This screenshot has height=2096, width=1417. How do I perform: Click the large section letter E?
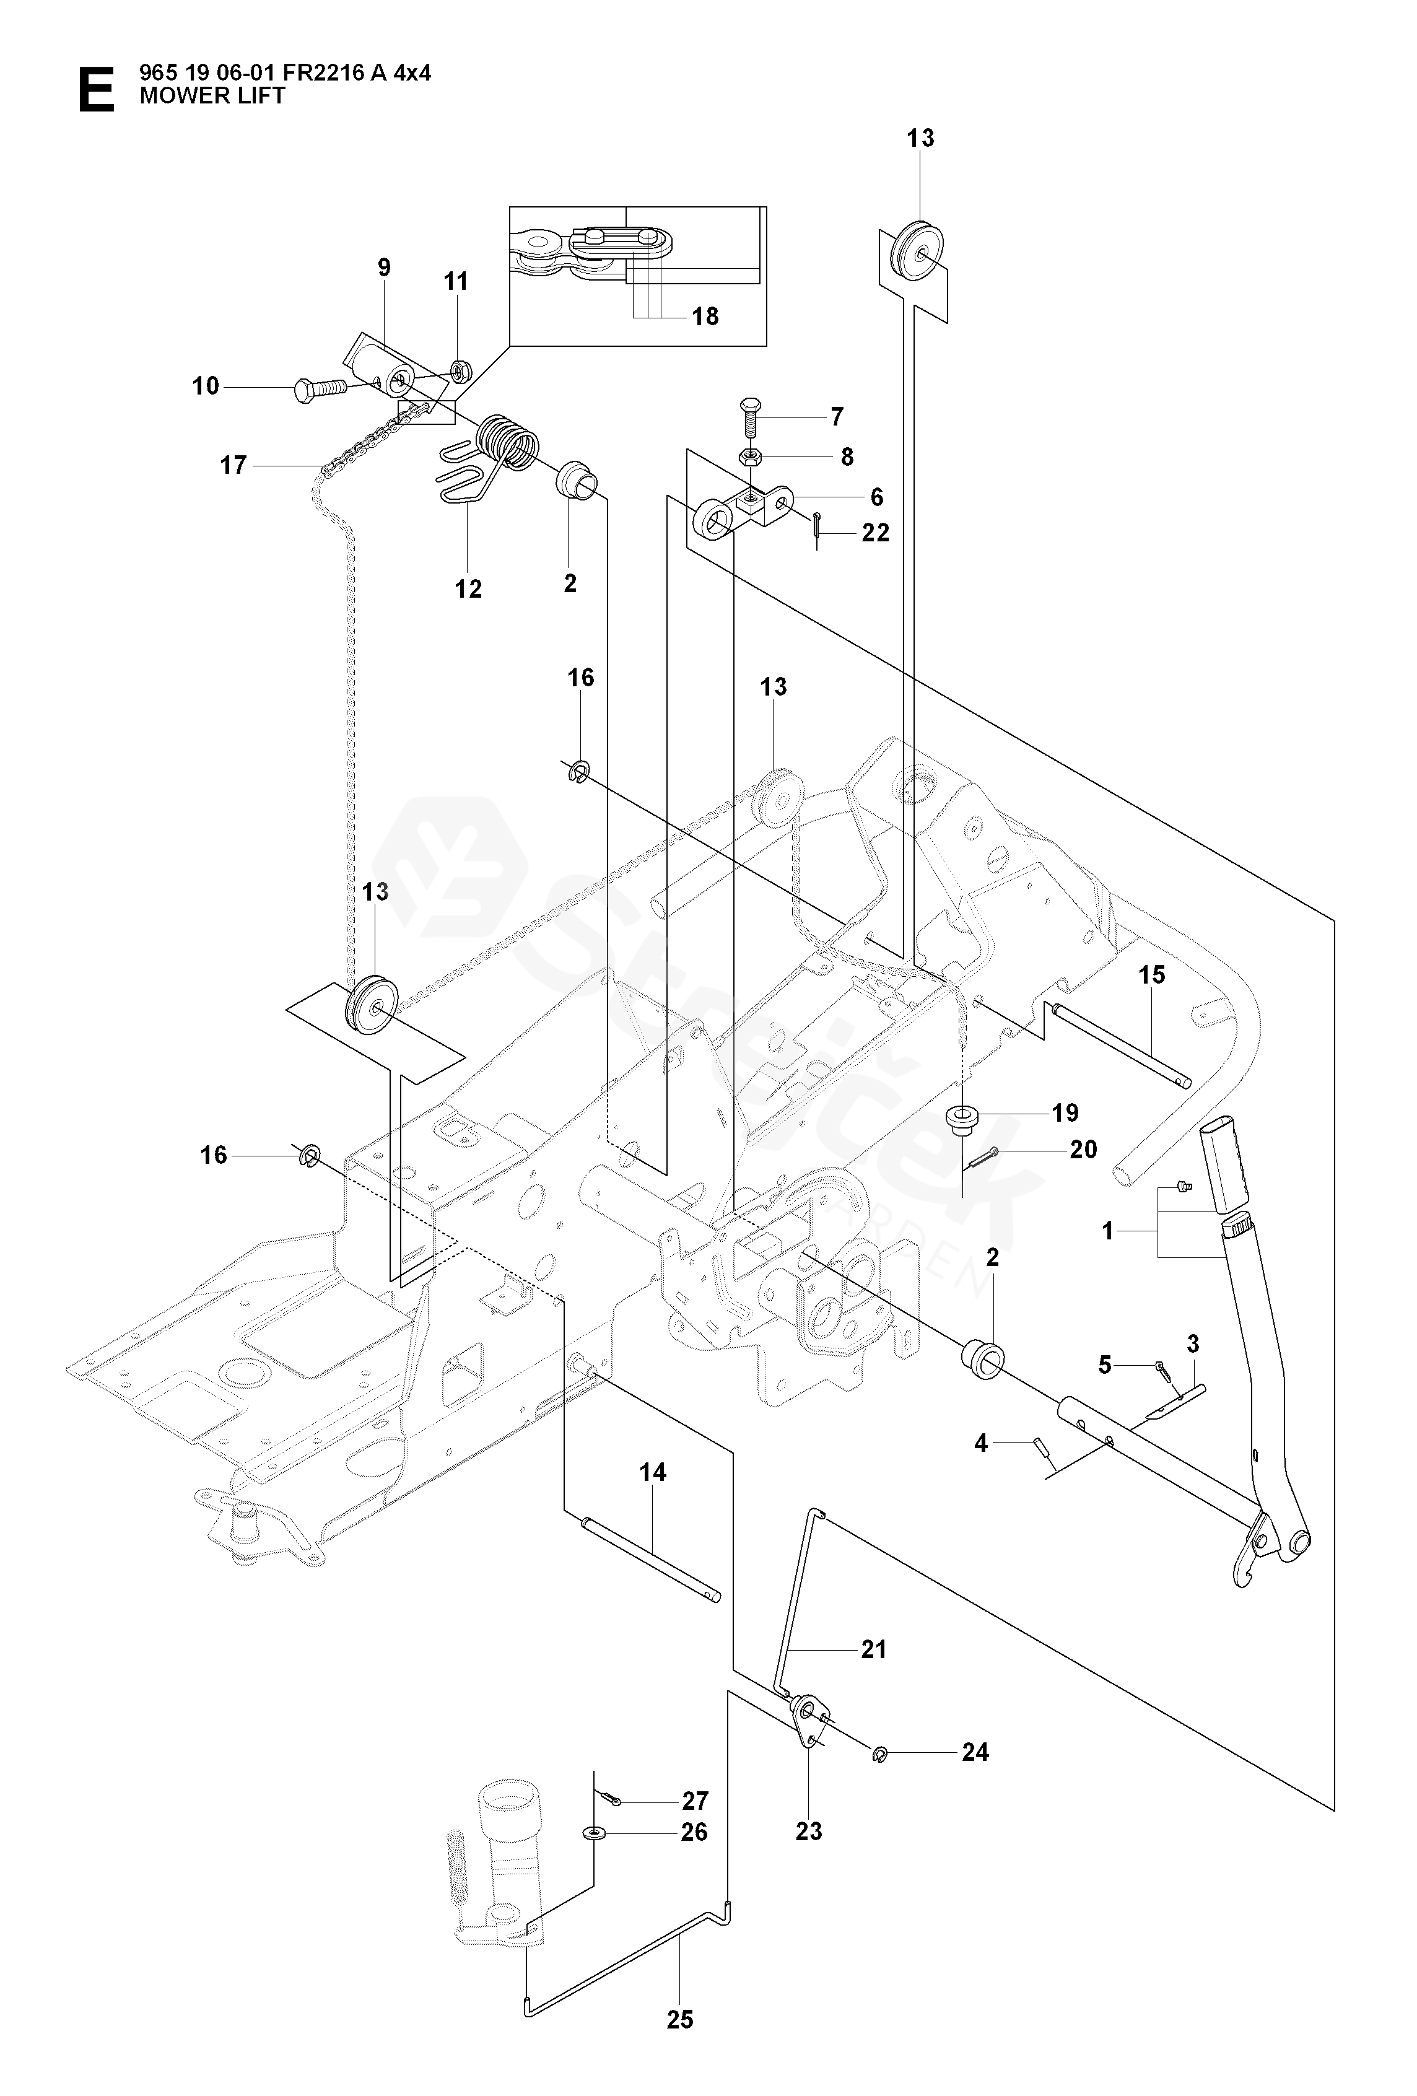click(x=97, y=90)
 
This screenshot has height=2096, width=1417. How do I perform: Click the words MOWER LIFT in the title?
click(x=213, y=95)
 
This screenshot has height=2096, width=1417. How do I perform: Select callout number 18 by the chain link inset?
click(x=705, y=317)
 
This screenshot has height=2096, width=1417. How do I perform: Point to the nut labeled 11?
click(x=457, y=369)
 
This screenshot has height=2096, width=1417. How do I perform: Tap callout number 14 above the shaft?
click(x=653, y=1473)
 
